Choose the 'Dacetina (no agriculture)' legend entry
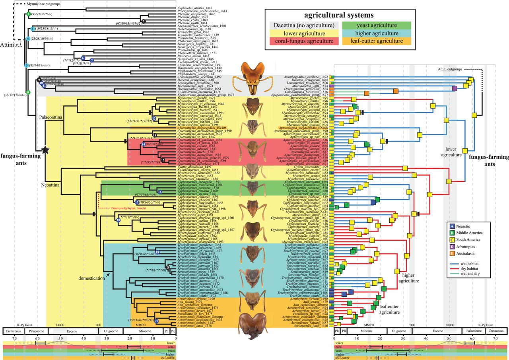pos(301,25)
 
